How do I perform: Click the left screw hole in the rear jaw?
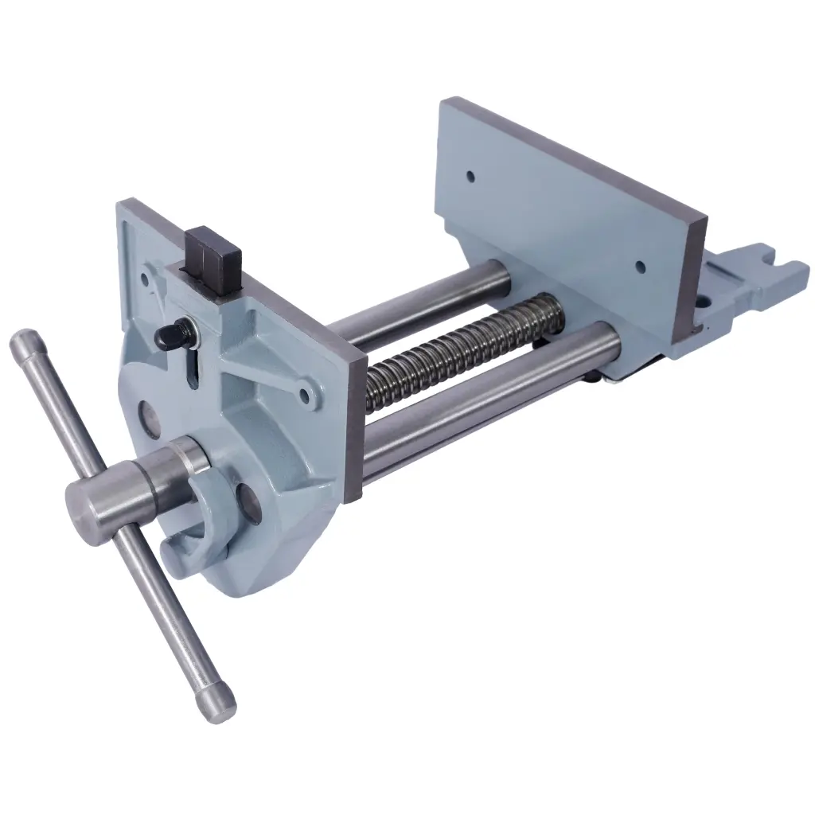(470, 174)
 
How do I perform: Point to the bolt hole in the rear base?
(704, 303)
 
